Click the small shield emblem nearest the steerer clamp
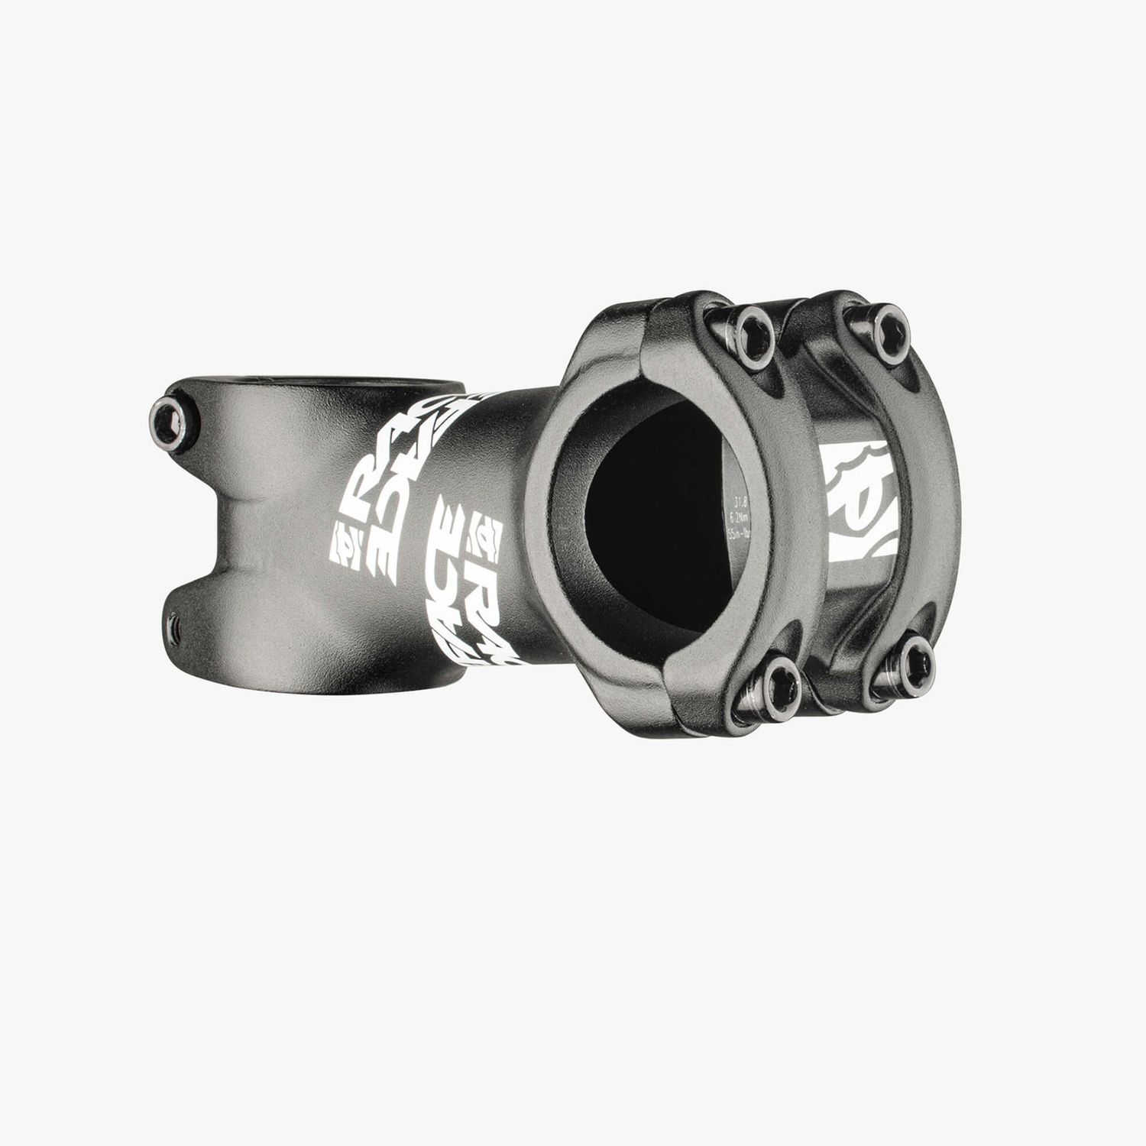344,544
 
